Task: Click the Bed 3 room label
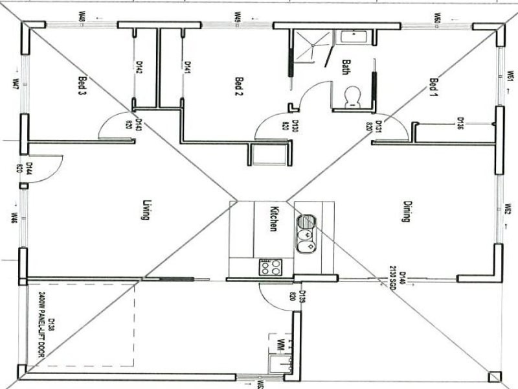coord(82,86)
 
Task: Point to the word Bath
coord(346,67)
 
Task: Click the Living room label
coord(146,209)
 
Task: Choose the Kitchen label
coord(274,218)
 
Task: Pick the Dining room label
coord(406,211)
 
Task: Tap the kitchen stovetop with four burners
coord(270,266)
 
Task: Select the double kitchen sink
coord(306,233)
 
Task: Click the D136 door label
coord(460,123)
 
